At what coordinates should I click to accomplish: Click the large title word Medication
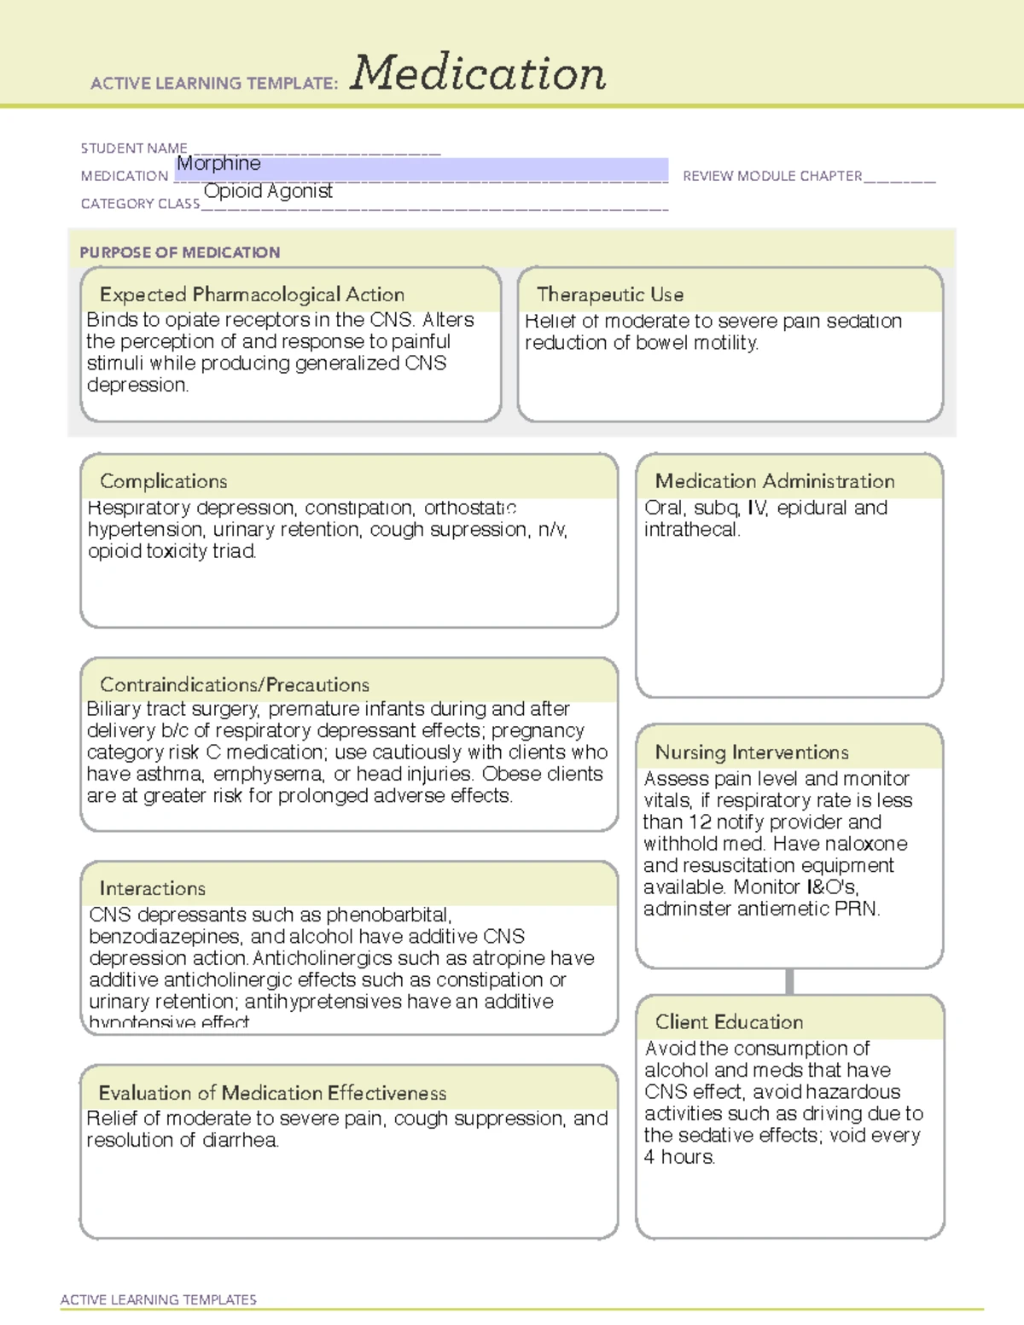[x=477, y=73]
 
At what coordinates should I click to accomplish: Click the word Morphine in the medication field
[x=218, y=163]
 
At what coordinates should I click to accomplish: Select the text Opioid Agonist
[x=268, y=191]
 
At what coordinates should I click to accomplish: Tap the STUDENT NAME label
[x=134, y=148]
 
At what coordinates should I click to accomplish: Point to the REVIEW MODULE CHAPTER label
[x=772, y=176]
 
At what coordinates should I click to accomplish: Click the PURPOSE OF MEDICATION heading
[x=179, y=253]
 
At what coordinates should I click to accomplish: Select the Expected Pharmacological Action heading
[x=252, y=294]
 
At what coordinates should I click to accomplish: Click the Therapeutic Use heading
[x=610, y=294]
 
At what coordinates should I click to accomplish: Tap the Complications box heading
[x=164, y=481]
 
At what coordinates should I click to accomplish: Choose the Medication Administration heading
[x=775, y=481]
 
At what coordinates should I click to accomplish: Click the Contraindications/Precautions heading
[x=235, y=684]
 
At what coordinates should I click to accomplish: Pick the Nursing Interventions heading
[x=752, y=753]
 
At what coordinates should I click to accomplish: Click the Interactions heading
[x=153, y=888]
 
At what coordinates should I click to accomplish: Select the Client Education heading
[x=729, y=1022]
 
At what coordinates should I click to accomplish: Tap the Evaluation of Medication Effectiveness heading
[x=272, y=1093]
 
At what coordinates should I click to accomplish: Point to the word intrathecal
[x=690, y=530]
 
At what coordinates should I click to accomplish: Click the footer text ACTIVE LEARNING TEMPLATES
[x=159, y=1299]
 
